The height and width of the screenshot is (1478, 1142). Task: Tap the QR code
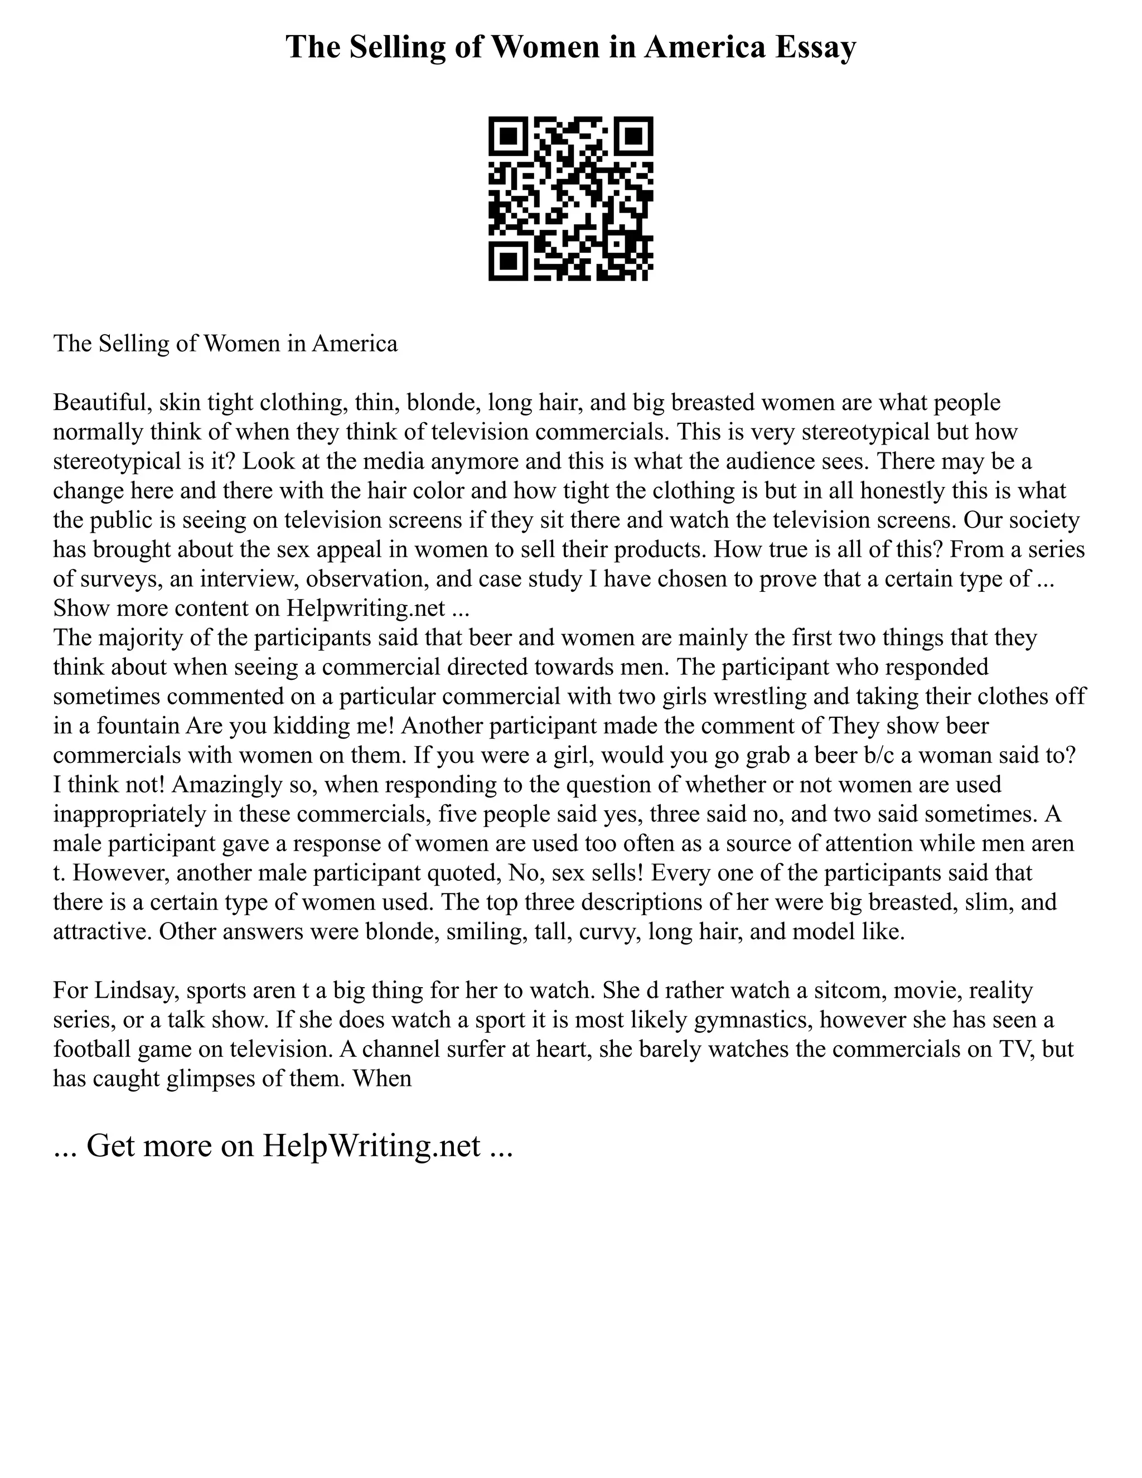(570, 199)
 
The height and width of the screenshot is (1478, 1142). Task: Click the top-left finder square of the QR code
(508, 137)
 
